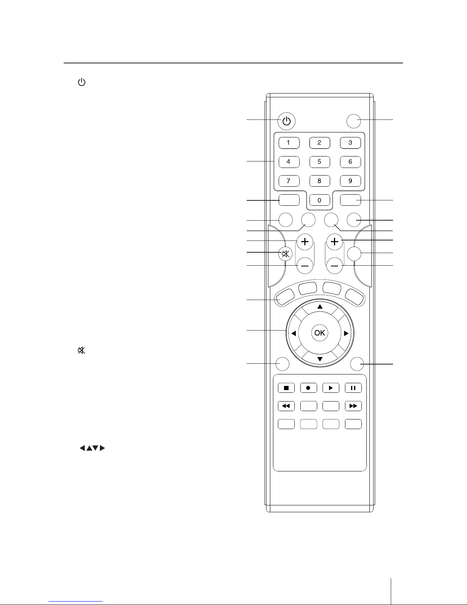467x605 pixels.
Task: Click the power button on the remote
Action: point(287,121)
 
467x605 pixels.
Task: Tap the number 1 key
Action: point(289,143)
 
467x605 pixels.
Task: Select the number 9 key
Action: point(350,181)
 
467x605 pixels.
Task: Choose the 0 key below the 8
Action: point(319,200)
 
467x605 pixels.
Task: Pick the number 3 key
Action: point(350,143)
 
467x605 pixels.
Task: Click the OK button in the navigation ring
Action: point(319,333)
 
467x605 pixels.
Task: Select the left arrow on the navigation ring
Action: point(294,333)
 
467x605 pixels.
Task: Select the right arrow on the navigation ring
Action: point(346,333)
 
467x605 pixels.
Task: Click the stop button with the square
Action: point(286,388)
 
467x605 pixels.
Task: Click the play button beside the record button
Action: point(331,388)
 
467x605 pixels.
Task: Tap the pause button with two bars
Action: point(353,388)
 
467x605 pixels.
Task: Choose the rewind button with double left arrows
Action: point(286,406)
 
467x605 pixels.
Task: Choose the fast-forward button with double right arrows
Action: point(353,406)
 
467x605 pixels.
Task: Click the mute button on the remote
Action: point(285,253)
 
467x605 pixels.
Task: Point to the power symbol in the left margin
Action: point(81,82)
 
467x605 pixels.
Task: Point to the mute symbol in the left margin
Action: point(81,350)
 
